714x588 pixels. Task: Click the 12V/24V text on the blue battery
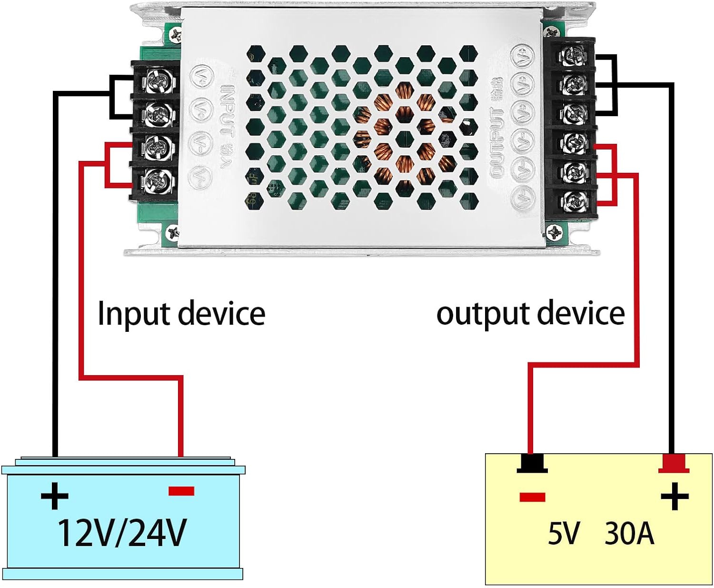click(x=122, y=533)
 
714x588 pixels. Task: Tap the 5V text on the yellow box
click(x=564, y=533)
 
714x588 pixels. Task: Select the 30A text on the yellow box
click(x=629, y=533)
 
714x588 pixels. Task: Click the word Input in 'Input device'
click(x=133, y=314)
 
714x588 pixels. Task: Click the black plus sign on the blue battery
click(x=55, y=496)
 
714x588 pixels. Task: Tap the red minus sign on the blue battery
click(x=181, y=491)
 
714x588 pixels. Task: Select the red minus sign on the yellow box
click(x=532, y=498)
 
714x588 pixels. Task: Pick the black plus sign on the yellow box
click(x=674, y=497)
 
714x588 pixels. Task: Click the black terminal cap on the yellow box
click(x=532, y=463)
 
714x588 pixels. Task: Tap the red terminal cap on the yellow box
click(x=674, y=463)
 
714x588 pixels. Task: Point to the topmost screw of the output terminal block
click(x=572, y=56)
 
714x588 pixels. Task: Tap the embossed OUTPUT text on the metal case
click(x=497, y=143)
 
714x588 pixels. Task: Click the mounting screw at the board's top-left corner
click(x=176, y=34)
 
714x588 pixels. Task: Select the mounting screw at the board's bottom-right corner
click(x=555, y=233)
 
